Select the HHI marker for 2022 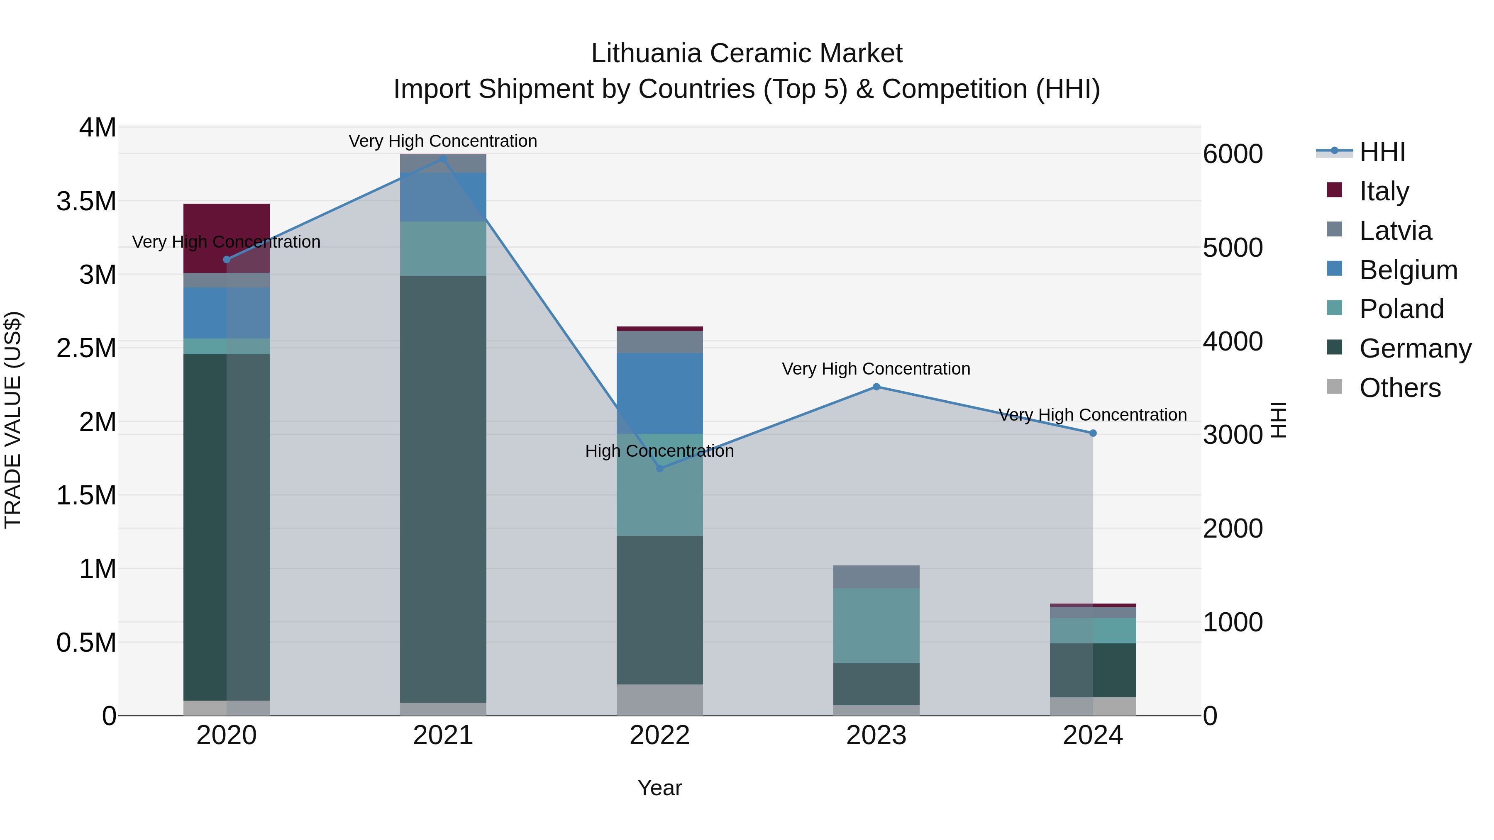pos(659,468)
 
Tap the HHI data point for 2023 pos(876,387)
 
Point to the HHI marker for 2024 pos(1093,433)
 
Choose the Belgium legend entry pos(1408,270)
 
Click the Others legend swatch pos(1335,387)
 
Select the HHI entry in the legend pos(1382,152)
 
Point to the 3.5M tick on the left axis pos(86,202)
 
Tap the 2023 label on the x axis pos(876,735)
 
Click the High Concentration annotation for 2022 pos(659,450)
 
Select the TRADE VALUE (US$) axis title pos(13,420)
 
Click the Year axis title pos(659,788)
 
